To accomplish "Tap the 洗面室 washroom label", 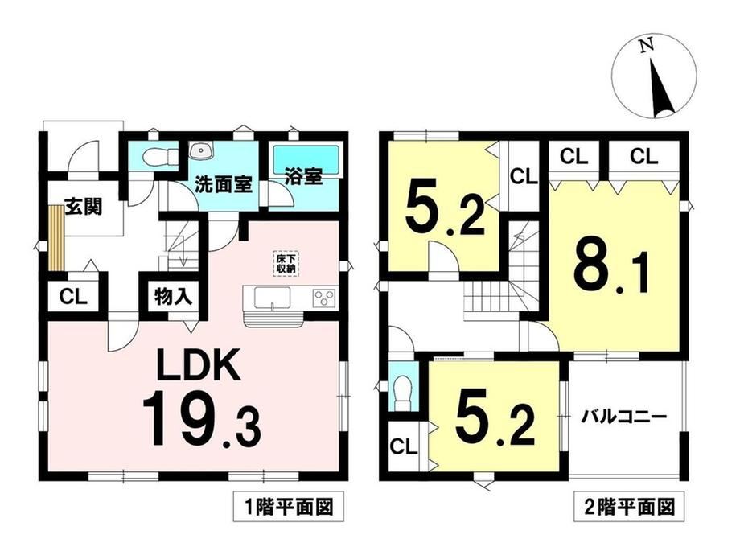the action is pyautogui.click(x=224, y=184).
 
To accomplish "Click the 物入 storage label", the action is pyautogui.click(x=173, y=297).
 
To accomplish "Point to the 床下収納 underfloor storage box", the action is pyautogui.click(x=285, y=264).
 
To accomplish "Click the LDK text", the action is pyautogui.click(x=199, y=366).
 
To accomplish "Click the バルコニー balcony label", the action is pyautogui.click(x=623, y=417).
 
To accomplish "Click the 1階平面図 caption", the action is pyautogui.click(x=290, y=508).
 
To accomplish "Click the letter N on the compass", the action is pyautogui.click(x=647, y=45).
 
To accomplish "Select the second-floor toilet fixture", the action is pyautogui.click(x=401, y=390).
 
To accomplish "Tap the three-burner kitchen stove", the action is pyautogui.click(x=323, y=298).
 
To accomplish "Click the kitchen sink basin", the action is pyautogui.click(x=273, y=298).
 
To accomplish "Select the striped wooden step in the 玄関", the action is pyautogui.click(x=56, y=238).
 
